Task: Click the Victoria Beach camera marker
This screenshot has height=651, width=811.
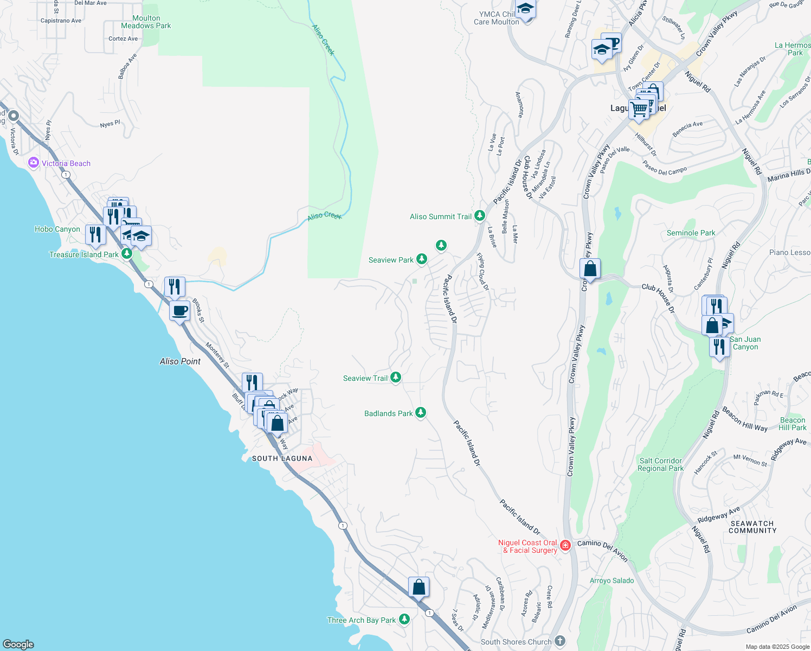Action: pyautogui.click(x=34, y=163)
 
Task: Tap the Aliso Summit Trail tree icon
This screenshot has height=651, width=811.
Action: pyautogui.click(x=479, y=216)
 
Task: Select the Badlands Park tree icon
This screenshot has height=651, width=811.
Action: pyautogui.click(x=420, y=413)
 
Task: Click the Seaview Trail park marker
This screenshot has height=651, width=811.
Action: pyautogui.click(x=396, y=378)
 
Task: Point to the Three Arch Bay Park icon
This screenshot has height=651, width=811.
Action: pyautogui.click(x=404, y=620)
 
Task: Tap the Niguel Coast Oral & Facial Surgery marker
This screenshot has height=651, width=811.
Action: pyautogui.click(x=565, y=545)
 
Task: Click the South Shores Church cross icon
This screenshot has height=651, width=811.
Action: pyautogui.click(x=560, y=641)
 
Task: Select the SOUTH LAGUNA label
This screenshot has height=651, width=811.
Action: pyautogui.click(x=282, y=458)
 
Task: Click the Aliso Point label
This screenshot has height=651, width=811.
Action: pyautogui.click(x=180, y=361)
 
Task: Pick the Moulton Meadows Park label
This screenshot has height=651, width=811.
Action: pyautogui.click(x=146, y=22)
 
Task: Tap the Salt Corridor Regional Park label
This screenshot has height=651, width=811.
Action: pyautogui.click(x=660, y=464)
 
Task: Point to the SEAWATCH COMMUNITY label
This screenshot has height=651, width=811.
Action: pyautogui.click(x=752, y=527)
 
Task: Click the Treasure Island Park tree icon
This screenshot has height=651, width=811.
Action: pyautogui.click(x=127, y=253)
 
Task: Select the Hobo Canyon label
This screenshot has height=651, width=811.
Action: pyautogui.click(x=57, y=229)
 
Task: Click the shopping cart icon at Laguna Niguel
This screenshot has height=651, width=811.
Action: pyautogui.click(x=639, y=108)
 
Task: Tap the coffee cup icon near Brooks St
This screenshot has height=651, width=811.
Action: pyautogui.click(x=180, y=311)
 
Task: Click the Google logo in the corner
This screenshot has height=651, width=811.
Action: pyautogui.click(x=18, y=644)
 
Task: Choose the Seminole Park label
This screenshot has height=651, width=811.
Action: pyautogui.click(x=691, y=233)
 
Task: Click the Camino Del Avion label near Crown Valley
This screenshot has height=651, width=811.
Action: pyautogui.click(x=602, y=550)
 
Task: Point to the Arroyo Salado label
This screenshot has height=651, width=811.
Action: pyautogui.click(x=612, y=580)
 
